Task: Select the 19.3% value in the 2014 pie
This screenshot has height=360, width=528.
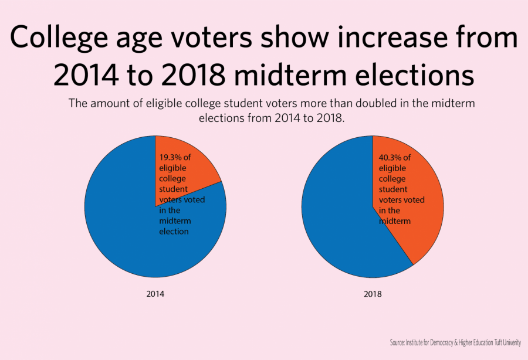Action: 171,158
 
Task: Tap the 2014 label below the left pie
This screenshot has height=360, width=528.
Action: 155,294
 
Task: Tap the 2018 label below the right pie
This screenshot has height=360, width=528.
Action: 372,294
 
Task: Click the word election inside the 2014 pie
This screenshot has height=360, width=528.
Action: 174,232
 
